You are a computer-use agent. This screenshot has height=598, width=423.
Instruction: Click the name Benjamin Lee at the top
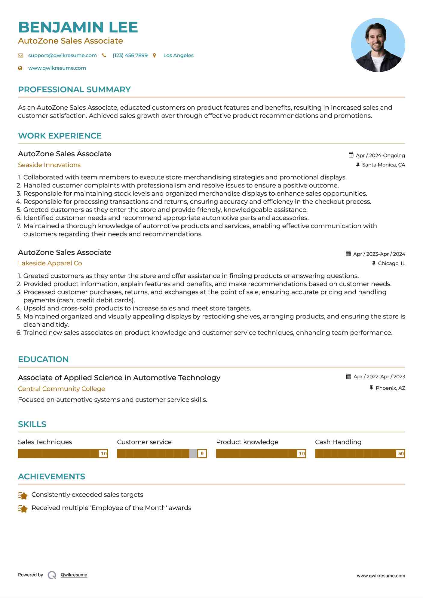point(78,27)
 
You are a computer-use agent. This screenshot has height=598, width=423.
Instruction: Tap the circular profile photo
point(378,45)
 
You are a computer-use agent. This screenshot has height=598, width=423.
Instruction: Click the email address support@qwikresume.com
point(62,55)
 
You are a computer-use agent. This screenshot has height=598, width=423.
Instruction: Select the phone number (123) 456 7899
point(130,55)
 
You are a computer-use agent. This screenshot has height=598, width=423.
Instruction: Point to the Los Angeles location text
point(178,55)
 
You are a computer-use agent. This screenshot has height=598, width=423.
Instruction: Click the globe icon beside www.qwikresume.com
point(20,68)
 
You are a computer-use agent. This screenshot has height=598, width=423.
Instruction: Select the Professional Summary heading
point(74,90)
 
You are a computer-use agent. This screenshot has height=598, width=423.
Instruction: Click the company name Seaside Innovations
point(49,165)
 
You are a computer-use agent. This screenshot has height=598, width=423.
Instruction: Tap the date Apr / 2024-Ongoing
point(380,155)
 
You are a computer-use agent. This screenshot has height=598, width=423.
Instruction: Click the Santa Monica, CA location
point(383,165)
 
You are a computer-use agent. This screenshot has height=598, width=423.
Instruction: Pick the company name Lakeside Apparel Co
point(50,263)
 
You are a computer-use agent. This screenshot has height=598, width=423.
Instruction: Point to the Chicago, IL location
point(391,263)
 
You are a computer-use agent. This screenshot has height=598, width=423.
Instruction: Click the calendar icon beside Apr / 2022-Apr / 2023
point(348,377)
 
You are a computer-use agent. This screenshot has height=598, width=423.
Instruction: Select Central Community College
point(61,389)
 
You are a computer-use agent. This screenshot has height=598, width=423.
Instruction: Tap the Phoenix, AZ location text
point(390,388)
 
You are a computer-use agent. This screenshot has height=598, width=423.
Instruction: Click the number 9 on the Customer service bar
point(202,453)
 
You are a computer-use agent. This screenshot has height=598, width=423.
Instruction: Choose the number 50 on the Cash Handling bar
point(401,453)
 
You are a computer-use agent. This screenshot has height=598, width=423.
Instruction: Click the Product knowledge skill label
point(247,442)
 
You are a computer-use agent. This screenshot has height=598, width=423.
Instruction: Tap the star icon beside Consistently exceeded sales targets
point(23,495)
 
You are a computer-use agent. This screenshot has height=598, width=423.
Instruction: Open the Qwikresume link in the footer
point(74,575)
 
